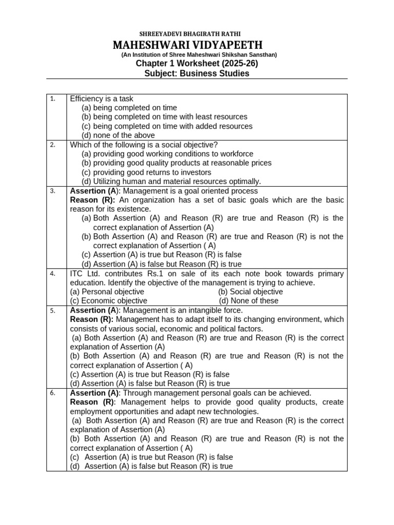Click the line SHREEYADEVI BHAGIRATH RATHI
point(197,34)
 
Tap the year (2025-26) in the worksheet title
point(236,64)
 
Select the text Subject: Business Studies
point(197,73)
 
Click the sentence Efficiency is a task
point(102,98)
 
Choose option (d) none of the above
point(118,135)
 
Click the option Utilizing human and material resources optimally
point(171,181)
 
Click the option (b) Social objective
point(250,292)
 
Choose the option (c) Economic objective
point(109,301)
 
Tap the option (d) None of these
point(249,301)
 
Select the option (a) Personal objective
point(107,292)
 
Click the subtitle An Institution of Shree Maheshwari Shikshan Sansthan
point(199,54)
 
